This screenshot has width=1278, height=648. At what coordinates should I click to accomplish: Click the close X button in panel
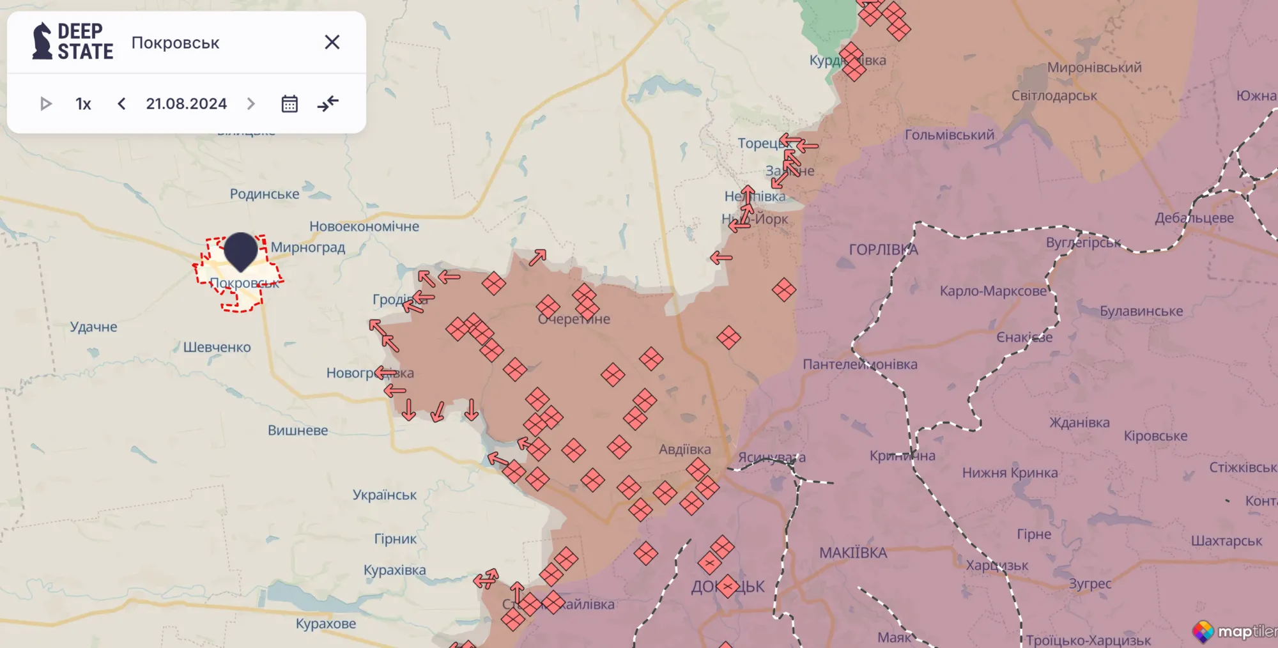pyautogui.click(x=332, y=42)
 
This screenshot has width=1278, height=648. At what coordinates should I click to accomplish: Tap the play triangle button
pyautogui.click(x=45, y=104)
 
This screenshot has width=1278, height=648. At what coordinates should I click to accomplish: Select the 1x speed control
pyautogui.click(x=83, y=104)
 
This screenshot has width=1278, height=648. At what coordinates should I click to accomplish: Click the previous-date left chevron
pyautogui.click(x=121, y=104)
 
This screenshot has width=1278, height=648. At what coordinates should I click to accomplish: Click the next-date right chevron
pyautogui.click(x=251, y=104)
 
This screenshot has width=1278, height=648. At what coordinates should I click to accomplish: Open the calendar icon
pyautogui.click(x=289, y=104)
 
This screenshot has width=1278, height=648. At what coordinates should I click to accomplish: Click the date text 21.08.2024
pyautogui.click(x=186, y=104)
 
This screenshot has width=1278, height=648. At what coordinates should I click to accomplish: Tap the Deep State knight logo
pyautogui.click(x=42, y=41)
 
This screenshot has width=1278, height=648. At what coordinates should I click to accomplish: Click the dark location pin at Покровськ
pyautogui.click(x=240, y=250)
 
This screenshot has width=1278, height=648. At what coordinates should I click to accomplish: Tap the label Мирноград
pyautogui.click(x=307, y=247)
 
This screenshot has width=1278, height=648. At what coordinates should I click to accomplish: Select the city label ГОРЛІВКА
pyautogui.click(x=883, y=250)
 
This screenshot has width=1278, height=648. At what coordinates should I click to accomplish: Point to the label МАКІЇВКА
pyautogui.click(x=853, y=553)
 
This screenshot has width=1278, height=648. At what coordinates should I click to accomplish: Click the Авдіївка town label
pyautogui.click(x=684, y=449)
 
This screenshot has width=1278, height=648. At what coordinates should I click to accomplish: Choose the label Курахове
pyautogui.click(x=326, y=624)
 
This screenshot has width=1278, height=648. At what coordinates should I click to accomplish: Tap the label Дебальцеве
pyautogui.click(x=1194, y=218)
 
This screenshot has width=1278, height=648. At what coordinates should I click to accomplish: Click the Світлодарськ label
pyautogui.click(x=1054, y=96)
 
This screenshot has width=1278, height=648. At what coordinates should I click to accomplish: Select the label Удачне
pyautogui.click(x=93, y=327)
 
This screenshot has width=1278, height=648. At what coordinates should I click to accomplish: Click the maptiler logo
pyautogui.click(x=1234, y=631)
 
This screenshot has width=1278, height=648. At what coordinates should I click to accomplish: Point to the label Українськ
pyautogui.click(x=384, y=495)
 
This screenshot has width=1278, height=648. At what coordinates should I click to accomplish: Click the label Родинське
pyautogui.click(x=264, y=194)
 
